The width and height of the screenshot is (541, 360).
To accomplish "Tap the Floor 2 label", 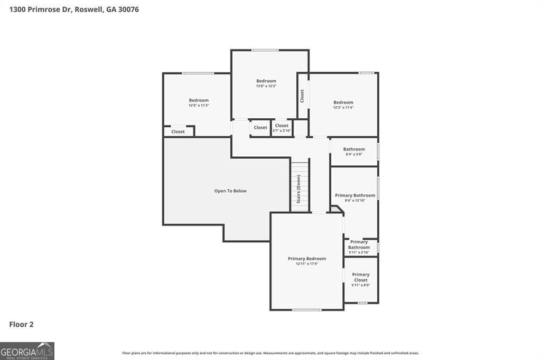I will [21, 325].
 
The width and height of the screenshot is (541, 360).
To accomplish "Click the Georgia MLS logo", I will [27, 351].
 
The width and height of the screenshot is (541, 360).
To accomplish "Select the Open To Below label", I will [230, 191].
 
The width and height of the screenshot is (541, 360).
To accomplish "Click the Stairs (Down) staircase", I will [300, 186].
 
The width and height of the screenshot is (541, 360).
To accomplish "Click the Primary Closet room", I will [361, 279].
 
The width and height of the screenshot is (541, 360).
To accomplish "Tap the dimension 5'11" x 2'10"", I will [359, 252].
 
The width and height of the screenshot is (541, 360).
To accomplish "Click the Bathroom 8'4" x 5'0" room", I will [354, 151].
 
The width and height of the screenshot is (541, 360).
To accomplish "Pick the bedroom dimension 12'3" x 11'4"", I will [343, 107].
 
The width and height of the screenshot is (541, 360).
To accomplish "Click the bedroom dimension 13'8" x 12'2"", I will [266, 86].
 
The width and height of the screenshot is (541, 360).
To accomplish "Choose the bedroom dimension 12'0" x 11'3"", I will [199, 105].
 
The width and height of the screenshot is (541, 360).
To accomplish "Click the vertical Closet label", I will [302, 96].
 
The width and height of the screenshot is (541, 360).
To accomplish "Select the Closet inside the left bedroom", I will [178, 131].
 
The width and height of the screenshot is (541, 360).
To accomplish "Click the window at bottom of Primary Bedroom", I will [306, 310].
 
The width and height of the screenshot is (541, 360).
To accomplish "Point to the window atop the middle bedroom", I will [265, 50].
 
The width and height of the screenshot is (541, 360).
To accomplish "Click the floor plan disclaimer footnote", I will [270, 353].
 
